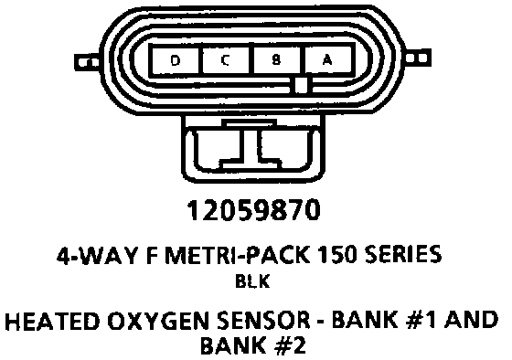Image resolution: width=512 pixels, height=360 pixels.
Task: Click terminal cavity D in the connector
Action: (x=175, y=60)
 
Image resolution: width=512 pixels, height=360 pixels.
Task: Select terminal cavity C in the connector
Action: (x=225, y=60)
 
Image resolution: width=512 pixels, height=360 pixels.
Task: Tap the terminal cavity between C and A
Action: (x=276, y=60)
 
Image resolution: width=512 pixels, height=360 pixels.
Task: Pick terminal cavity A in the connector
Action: (x=327, y=59)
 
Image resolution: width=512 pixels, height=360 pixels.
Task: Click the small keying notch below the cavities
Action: (x=301, y=85)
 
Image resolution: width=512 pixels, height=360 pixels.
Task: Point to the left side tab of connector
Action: (x=88, y=62)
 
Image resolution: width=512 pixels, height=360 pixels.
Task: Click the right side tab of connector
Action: (x=418, y=58)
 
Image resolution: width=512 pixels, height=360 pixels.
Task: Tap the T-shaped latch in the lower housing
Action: (x=251, y=144)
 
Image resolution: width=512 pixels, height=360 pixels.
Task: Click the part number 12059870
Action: (x=253, y=210)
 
